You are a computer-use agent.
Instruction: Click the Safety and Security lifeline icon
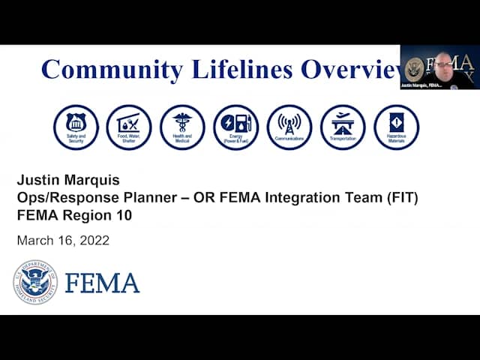coord(76,127)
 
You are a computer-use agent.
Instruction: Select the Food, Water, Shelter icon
coord(129,127)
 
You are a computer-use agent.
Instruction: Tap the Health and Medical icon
coord(182,127)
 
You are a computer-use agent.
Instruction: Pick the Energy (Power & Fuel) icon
coord(236,127)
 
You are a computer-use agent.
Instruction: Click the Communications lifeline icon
coord(289,127)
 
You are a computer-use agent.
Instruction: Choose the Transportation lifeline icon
coord(343,127)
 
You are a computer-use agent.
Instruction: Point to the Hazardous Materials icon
coord(396,127)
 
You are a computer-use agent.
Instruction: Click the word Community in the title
coord(112,70)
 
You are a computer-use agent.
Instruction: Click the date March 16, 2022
coord(63,241)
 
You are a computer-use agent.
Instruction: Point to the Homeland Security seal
coord(35,282)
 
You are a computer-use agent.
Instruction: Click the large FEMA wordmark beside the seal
coord(102,283)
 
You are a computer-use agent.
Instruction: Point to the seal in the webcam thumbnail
coord(414,69)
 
